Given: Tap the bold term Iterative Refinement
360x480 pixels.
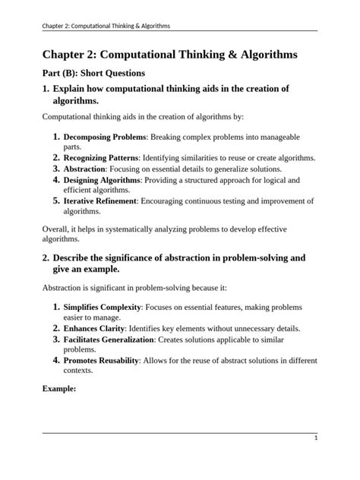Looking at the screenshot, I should point(100,201).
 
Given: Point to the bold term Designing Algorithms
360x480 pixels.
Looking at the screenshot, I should point(102,180).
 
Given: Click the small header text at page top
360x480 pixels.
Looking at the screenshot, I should point(106,26).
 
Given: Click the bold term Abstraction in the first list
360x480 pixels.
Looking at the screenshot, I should point(84,169).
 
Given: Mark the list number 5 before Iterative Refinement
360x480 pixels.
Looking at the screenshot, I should point(56,201).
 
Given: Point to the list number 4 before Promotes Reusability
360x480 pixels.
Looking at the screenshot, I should point(56,361).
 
